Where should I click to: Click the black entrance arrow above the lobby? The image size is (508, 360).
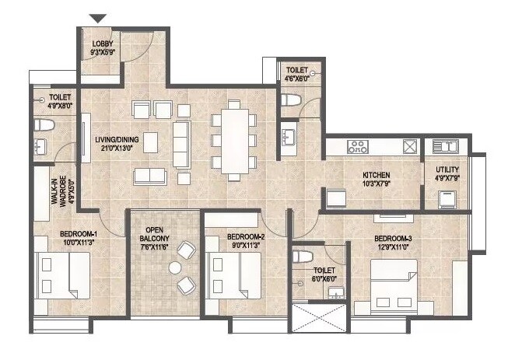97,19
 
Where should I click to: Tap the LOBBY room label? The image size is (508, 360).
103,44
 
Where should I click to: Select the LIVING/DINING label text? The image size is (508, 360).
114,140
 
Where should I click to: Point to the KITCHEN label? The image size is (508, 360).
376,175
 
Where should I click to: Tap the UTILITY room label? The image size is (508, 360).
447,170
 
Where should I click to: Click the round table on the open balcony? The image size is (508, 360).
175,267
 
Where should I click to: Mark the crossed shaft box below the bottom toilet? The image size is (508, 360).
317,319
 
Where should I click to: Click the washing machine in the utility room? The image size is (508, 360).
447,198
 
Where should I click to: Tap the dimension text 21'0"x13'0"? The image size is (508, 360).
114,147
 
